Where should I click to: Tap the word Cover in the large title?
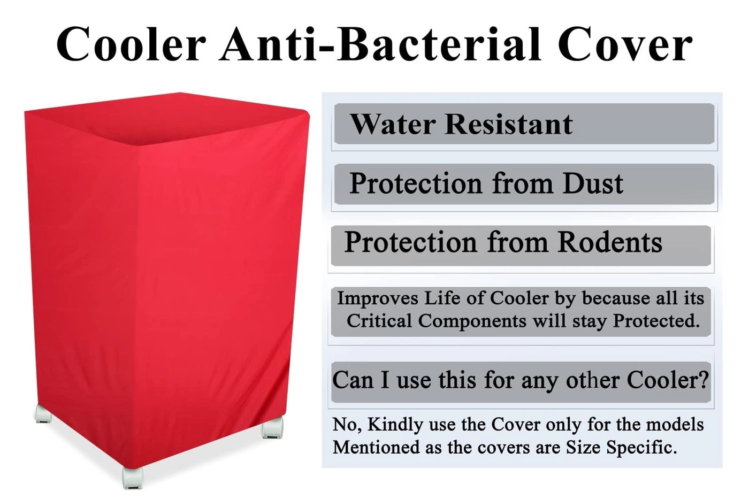(x=625, y=45)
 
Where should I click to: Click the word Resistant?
(x=509, y=124)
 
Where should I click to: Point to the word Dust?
(x=592, y=183)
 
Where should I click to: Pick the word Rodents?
(x=610, y=242)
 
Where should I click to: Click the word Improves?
(x=377, y=298)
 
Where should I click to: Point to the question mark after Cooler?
(x=703, y=380)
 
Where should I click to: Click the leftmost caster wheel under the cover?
(x=43, y=413)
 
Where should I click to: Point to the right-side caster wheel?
(x=272, y=427)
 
